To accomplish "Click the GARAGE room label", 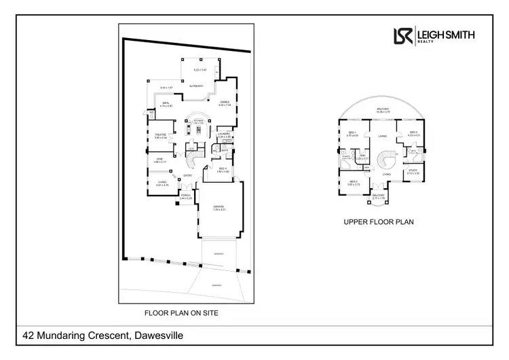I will [x=218, y=206].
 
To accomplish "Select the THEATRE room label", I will [x=161, y=134].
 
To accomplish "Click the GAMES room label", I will [x=224, y=103].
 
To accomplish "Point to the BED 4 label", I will [x=223, y=168].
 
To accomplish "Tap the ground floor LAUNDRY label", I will [x=223, y=134].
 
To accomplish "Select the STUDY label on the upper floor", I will [x=413, y=170].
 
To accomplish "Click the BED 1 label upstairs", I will [x=352, y=132].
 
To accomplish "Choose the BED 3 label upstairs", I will [x=413, y=132].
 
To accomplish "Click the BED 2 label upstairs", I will [x=354, y=181].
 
